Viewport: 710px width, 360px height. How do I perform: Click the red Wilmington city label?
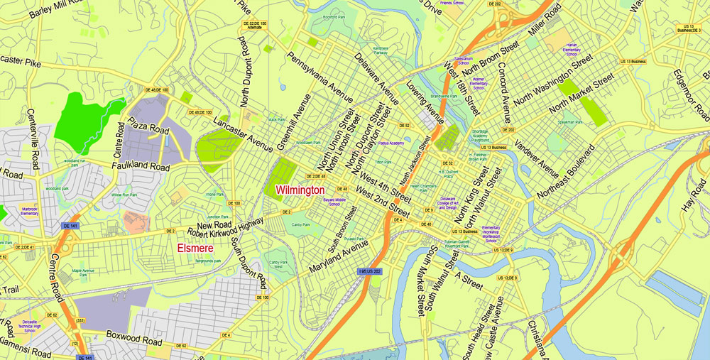point(300,190)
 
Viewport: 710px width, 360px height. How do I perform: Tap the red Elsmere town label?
point(196,249)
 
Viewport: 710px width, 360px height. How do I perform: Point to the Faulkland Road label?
point(141,167)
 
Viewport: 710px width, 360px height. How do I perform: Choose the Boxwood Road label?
point(134,336)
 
